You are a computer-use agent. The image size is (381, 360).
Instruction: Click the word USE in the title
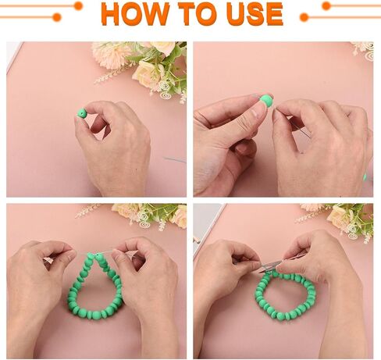pyautogui.click(x=255, y=13)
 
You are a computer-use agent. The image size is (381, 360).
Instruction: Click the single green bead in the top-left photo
pyautogui.click(x=82, y=113)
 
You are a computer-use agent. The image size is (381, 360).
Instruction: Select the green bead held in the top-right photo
pyautogui.click(x=266, y=101)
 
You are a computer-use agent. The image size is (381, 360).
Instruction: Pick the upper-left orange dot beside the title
pyautogui.click(x=78, y=5)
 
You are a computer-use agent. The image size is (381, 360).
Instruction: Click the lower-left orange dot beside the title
pyautogui.click(x=56, y=17)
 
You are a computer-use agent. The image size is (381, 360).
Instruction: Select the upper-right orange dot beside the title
pyautogui.click(x=326, y=5)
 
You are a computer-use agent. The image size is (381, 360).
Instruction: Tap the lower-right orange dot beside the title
pyautogui.click(x=304, y=17)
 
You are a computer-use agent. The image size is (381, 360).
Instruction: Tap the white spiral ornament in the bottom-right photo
pyautogui.click(x=352, y=231)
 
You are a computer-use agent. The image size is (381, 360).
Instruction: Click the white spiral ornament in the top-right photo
pyautogui.click(x=369, y=52)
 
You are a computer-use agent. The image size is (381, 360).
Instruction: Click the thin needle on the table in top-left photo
pyautogui.click(x=175, y=160)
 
